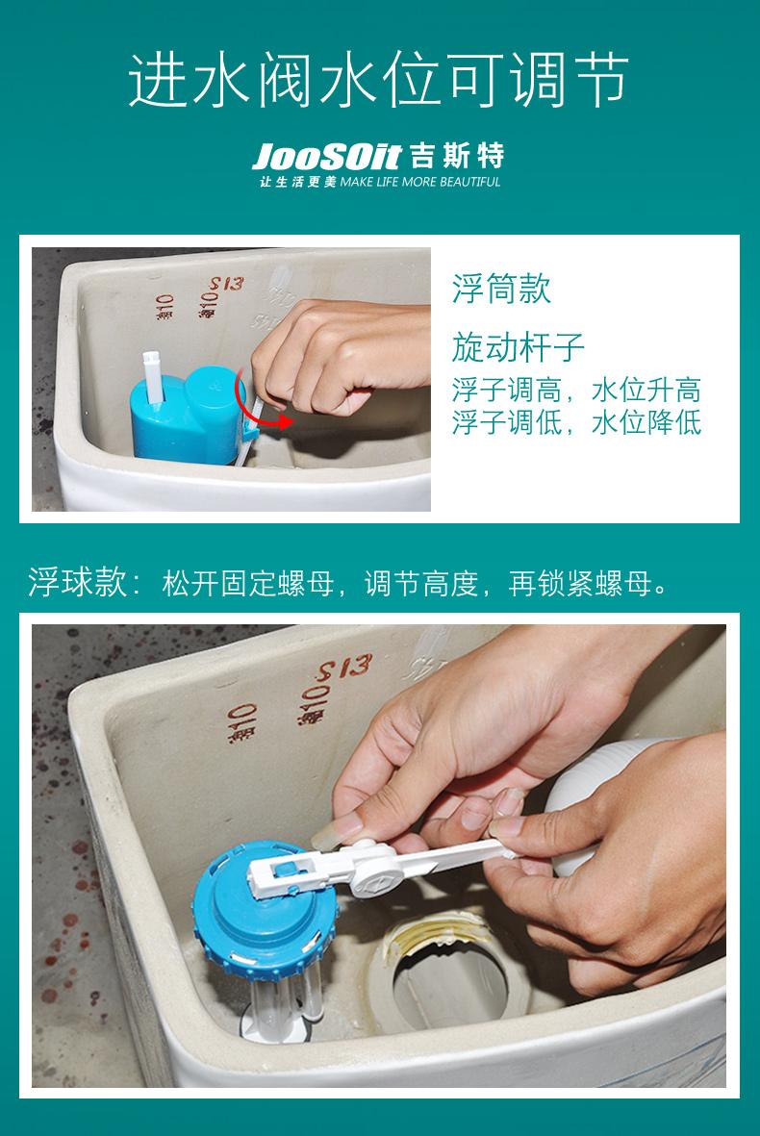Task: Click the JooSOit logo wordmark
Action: [x=326, y=157]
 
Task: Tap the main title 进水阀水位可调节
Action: [x=378, y=80]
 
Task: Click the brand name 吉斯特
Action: [x=457, y=156]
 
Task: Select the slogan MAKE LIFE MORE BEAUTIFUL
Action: [x=420, y=182]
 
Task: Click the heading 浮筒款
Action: [x=501, y=289]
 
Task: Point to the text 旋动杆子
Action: [x=518, y=347]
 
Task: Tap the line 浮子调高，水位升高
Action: [x=576, y=390]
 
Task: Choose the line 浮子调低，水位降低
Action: [x=576, y=422]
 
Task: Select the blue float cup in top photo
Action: [x=187, y=417]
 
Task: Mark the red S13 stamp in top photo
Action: [x=227, y=283]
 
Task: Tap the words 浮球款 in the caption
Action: [x=78, y=583]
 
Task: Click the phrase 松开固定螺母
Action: [x=248, y=583]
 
